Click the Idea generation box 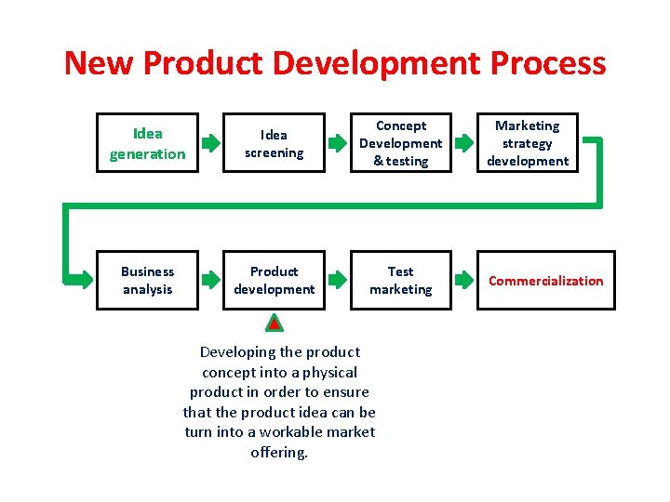click(x=147, y=143)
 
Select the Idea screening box click(x=274, y=143)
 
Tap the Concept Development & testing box click(x=400, y=143)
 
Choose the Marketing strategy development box click(x=527, y=143)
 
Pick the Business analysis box click(x=147, y=280)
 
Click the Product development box click(x=274, y=280)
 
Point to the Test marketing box click(x=400, y=280)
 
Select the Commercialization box click(x=545, y=280)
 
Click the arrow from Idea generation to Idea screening click(x=211, y=143)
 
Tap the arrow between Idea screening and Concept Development click(x=338, y=143)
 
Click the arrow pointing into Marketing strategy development click(x=463, y=143)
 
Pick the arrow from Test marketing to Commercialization click(x=463, y=280)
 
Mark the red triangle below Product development click(x=274, y=324)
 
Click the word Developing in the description click(x=237, y=351)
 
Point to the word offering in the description click(x=279, y=453)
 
